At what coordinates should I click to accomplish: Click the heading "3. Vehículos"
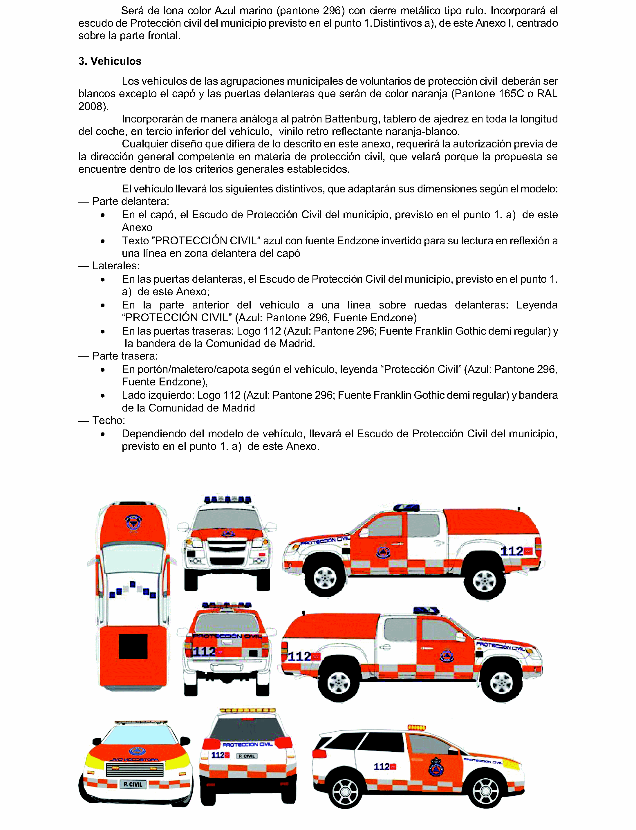[x=110, y=61]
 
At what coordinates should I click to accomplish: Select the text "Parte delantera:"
[x=131, y=201]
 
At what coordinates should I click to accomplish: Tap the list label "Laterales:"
[x=116, y=266]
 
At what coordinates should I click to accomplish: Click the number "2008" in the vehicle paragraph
[x=91, y=107]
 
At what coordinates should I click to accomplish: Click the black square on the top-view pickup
[x=133, y=646]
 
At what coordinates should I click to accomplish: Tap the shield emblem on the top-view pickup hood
[x=133, y=523]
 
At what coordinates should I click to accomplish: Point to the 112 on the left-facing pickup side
[x=512, y=551]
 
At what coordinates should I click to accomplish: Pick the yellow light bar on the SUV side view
[x=416, y=727]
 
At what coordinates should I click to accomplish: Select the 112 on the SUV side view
[x=382, y=766]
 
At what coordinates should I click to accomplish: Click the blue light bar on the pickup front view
[x=227, y=499]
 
